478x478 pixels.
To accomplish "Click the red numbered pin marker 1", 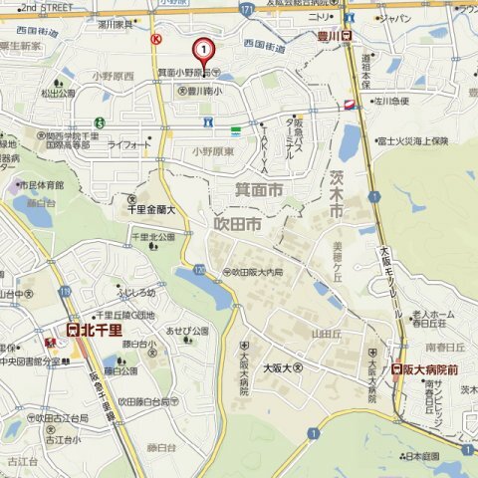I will click(x=203, y=49).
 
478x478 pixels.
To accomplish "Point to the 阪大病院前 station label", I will click(x=430, y=368).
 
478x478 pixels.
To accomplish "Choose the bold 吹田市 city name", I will click(x=238, y=227).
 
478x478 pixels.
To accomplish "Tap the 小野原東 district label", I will click(x=212, y=150).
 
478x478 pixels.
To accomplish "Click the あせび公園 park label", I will click(x=187, y=330).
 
